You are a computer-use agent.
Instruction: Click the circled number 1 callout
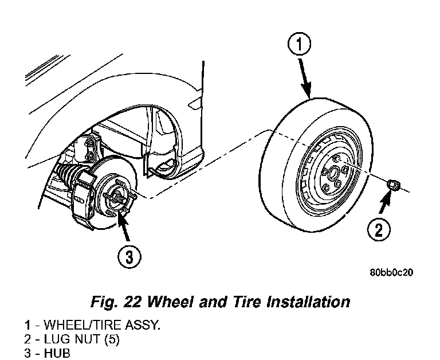(x=300, y=44)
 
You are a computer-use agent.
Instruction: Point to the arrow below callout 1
(x=305, y=78)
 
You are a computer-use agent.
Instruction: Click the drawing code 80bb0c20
(x=391, y=273)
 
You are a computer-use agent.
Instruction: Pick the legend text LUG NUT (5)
(x=81, y=339)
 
